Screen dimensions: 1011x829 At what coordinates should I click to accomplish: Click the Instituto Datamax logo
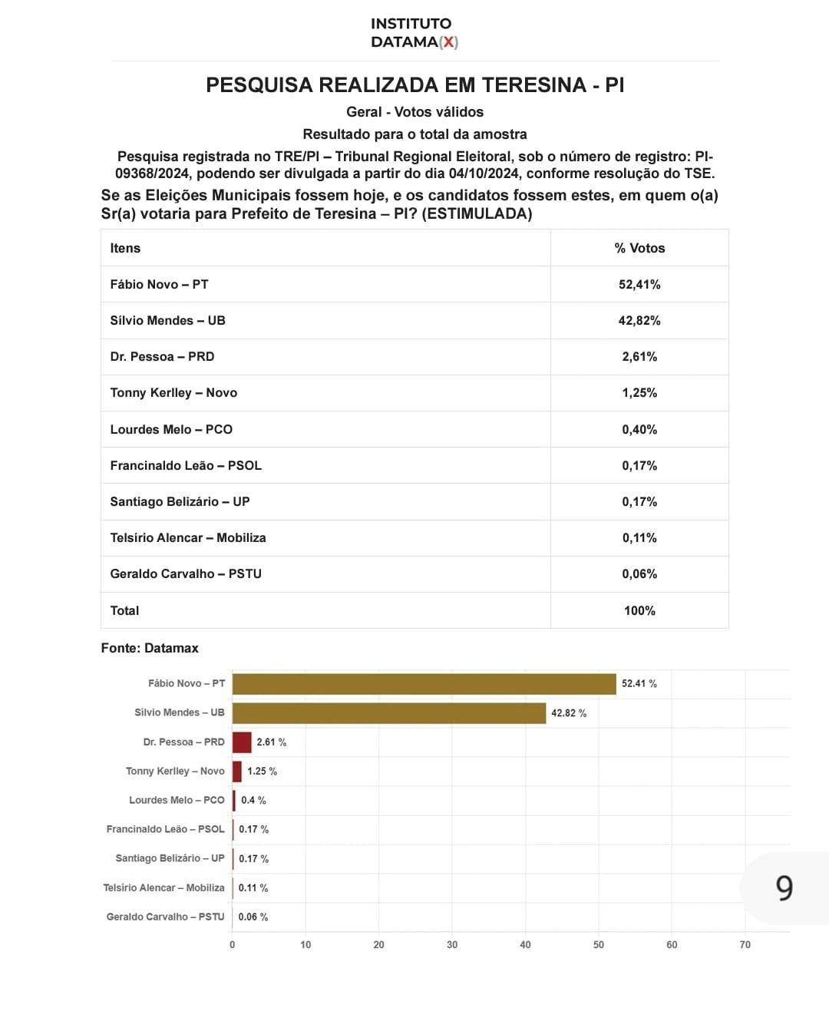coord(414,33)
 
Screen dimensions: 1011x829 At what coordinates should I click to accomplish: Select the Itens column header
coord(125,248)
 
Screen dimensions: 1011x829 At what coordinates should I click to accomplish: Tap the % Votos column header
coord(639,248)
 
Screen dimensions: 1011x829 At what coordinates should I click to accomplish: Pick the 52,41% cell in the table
coord(639,284)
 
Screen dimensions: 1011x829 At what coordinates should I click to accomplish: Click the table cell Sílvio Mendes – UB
coord(167,320)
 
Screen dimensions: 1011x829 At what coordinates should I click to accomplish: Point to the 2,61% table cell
coord(639,356)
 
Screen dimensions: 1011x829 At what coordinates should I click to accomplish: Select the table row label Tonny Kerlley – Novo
coord(173,392)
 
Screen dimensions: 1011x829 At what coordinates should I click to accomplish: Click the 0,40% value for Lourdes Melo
coord(639,429)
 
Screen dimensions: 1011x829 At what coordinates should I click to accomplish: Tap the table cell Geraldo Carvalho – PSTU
coord(186,573)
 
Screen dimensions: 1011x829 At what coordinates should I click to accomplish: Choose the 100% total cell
coord(639,610)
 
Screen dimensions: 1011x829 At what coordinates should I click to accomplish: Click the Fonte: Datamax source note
coord(150,648)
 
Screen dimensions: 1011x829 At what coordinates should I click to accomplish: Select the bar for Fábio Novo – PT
coord(424,684)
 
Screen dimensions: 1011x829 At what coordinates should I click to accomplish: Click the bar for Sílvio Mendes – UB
coord(389,713)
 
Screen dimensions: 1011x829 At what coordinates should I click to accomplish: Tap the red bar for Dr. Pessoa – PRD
coord(242,742)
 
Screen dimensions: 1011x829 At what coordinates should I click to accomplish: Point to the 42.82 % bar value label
coord(569,713)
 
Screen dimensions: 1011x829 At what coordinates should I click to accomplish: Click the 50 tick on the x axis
coord(599,945)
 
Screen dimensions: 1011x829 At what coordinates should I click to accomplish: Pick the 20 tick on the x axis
coord(378,945)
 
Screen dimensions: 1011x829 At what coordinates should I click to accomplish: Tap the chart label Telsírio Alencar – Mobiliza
coord(163,887)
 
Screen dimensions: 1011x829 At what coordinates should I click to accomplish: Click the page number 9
coord(784,888)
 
